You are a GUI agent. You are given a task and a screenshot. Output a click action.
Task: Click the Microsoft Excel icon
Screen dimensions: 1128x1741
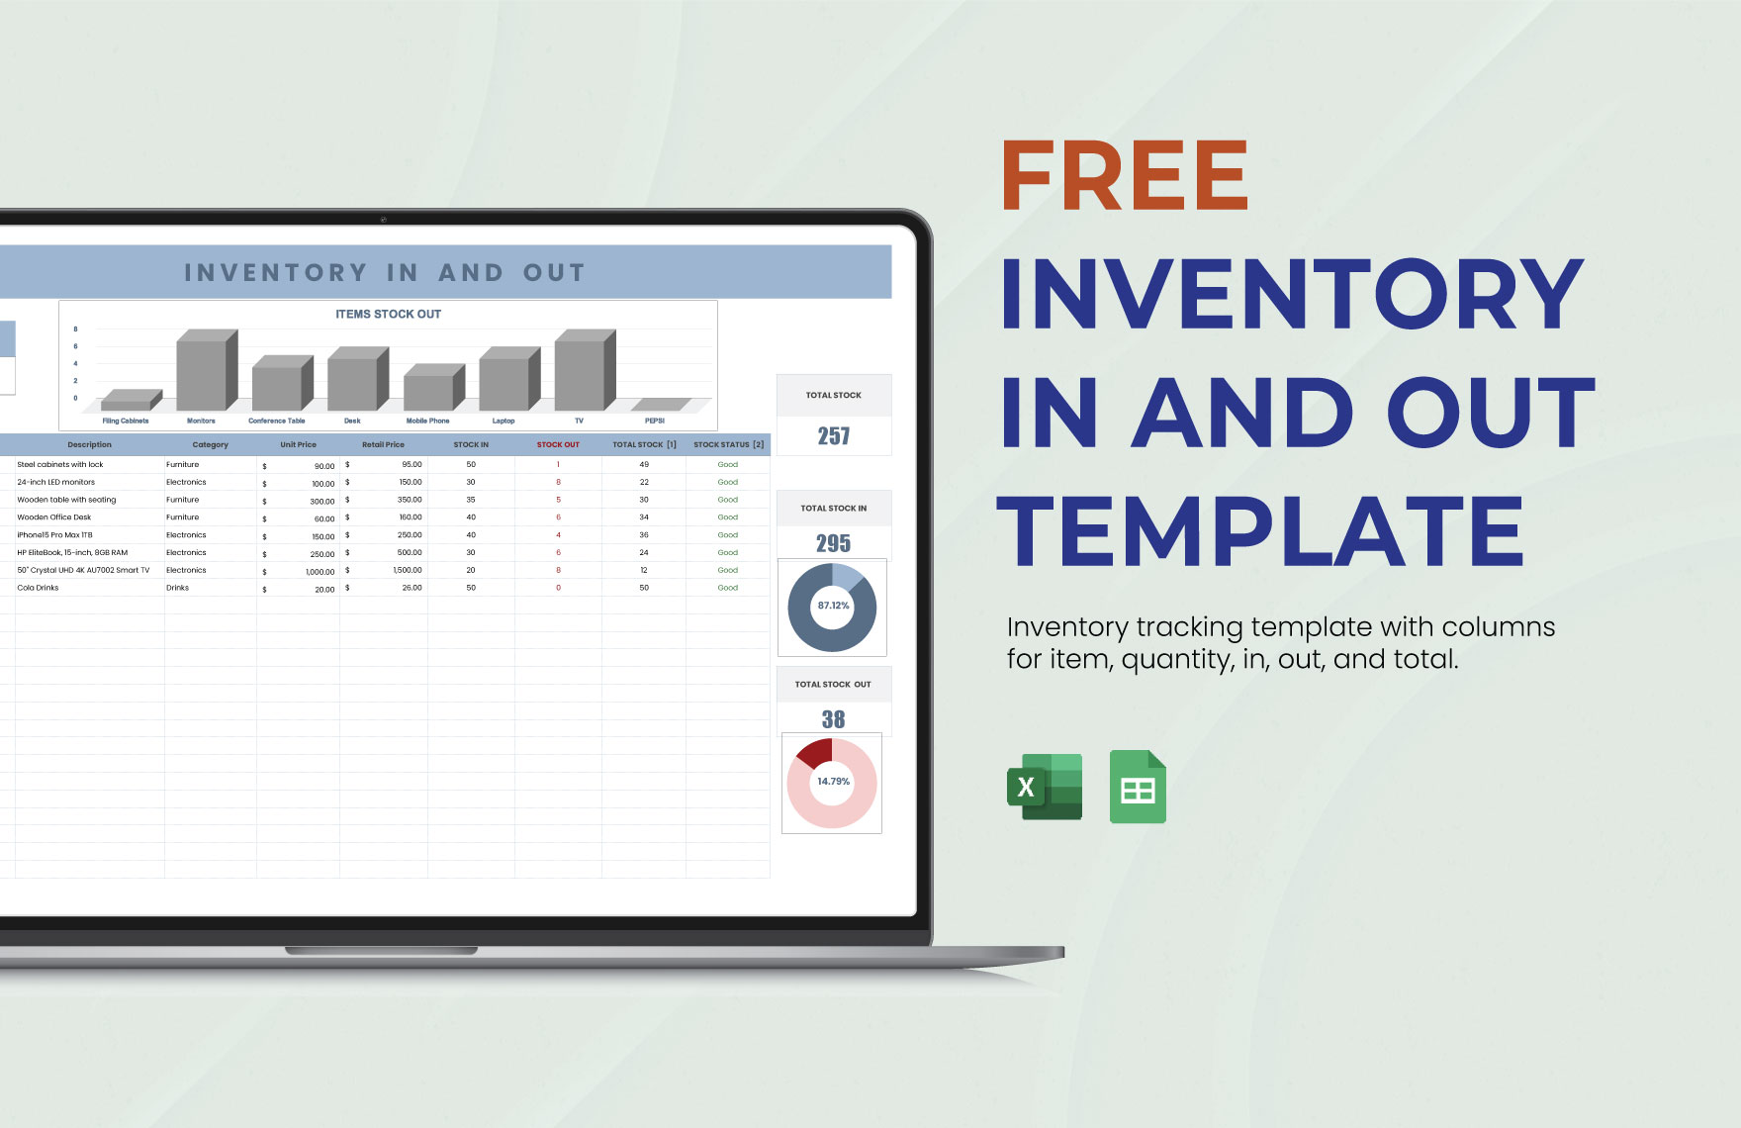[x=1045, y=788]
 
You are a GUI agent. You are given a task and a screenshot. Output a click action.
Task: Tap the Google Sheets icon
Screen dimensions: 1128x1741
[x=1138, y=788]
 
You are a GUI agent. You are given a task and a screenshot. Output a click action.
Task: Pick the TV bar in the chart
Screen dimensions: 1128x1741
[x=584, y=371]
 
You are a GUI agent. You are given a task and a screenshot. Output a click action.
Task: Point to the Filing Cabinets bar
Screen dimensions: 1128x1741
[x=130, y=401]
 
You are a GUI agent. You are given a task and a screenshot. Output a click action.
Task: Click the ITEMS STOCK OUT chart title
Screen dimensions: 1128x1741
[x=388, y=315]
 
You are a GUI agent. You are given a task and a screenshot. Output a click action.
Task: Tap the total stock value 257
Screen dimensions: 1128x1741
[x=834, y=436]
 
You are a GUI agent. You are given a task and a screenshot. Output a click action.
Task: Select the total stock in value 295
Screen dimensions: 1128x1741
[x=834, y=543]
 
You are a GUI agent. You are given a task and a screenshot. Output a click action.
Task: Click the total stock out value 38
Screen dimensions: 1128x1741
[x=834, y=719]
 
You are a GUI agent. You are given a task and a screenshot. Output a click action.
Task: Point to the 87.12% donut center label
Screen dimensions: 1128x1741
[x=833, y=606]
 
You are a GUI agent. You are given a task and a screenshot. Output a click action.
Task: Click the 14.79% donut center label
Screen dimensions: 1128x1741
[x=833, y=782]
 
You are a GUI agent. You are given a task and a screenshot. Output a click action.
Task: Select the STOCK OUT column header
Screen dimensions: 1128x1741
[x=558, y=445]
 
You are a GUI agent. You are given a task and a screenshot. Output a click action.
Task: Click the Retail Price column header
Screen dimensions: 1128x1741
[x=383, y=445]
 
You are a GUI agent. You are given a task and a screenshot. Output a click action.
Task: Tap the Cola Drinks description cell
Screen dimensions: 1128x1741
[x=39, y=588]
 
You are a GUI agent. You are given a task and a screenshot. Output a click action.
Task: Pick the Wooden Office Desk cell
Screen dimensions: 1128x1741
[x=54, y=517]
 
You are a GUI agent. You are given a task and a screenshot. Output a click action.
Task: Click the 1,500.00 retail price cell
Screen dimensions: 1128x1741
[x=408, y=570]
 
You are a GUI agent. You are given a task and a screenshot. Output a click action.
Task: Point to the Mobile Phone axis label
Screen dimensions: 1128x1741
[x=427, y=422]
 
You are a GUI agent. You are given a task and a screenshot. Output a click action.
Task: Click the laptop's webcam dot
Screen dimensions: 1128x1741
[x=383, y=219]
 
